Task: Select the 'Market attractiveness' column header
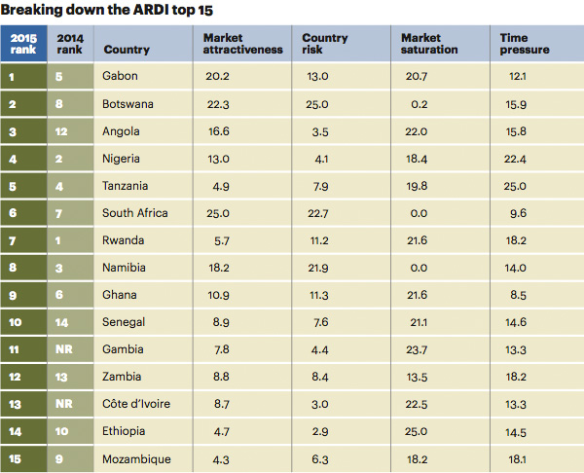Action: point(242,44)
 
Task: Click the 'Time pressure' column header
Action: point(525,44)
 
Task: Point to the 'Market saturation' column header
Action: point(429,44)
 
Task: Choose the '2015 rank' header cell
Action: point(23,44)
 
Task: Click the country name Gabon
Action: point(121,76)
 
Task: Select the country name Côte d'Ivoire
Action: point(137,403)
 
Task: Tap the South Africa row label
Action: point(135,212)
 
